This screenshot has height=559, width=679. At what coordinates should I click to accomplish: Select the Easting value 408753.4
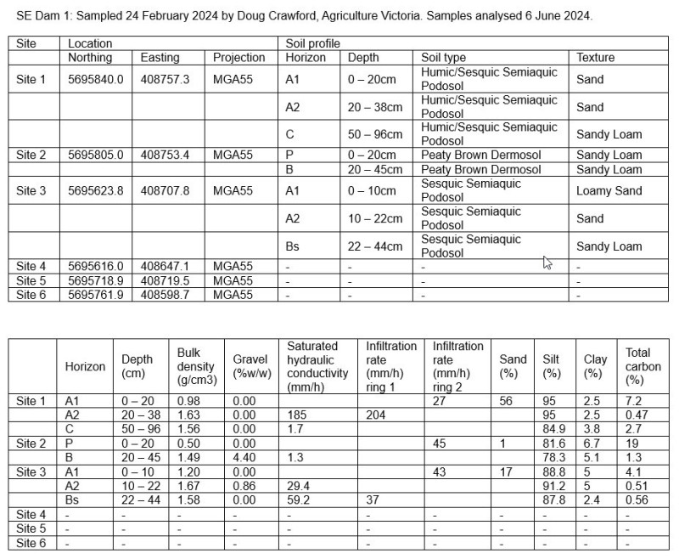coord(167,155)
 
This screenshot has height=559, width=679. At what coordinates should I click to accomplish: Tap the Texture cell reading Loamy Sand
coord(609,190)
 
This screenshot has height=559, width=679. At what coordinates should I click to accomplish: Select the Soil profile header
coord(313,42)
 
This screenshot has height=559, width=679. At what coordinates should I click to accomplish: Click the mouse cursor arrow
coord(547,263)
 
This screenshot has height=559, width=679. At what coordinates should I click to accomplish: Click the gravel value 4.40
coord(244,457)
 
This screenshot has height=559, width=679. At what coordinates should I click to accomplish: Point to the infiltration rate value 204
coord(375,414)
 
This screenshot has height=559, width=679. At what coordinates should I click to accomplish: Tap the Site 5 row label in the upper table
coord(31,279)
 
